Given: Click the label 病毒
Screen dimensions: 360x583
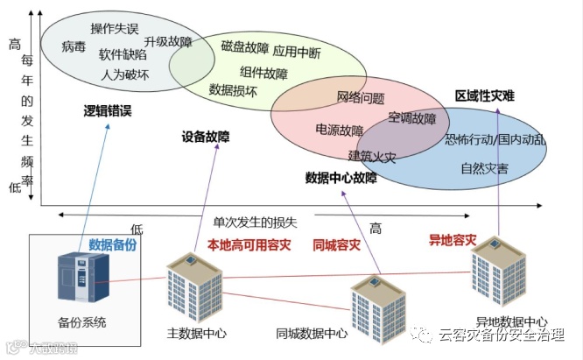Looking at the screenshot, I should pos(74,46).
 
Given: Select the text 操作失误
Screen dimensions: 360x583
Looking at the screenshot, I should pos(115,28).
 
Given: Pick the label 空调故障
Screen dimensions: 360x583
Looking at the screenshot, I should pos(411,118).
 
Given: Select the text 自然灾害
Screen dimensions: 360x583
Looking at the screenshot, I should pos(484,167).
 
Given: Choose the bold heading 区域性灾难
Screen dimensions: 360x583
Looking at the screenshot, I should pos(484,95).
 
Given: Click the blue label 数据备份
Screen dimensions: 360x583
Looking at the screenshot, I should pos(113,245).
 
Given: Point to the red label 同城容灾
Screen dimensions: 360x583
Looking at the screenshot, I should pos(336,245).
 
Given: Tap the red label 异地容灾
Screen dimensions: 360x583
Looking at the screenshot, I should pos(452,238).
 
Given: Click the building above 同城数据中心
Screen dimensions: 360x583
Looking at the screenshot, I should pos(377,307).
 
